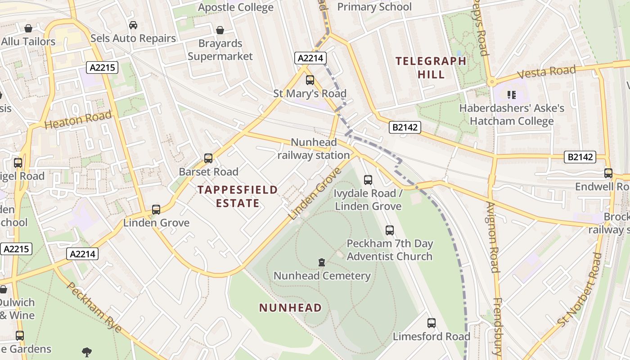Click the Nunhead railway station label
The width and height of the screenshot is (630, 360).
[314, 149]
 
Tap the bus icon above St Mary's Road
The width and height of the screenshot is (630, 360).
[310, 80]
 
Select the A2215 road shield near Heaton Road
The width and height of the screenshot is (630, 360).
[102, 68]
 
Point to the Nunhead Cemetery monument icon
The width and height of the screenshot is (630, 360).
[322, 262]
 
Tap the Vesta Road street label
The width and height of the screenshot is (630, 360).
[546, 72]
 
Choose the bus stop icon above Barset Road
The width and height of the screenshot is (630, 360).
[208, 158]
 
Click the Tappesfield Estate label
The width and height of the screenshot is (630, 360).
[238, 196]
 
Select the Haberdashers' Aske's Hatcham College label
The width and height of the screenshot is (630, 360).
[511, 115]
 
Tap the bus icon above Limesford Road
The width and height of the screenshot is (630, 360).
[431, 323]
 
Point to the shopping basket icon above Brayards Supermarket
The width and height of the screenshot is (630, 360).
[220, 30]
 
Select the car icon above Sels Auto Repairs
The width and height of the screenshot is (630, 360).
[133, 25]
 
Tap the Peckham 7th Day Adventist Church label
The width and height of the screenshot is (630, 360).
[389, 250]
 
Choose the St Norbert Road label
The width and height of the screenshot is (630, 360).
[579, 290]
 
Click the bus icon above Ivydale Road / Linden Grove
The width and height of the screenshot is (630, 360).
[368, 180]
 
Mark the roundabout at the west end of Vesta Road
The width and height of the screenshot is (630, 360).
[491, 82]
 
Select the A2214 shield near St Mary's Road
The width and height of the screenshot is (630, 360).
[310, 58]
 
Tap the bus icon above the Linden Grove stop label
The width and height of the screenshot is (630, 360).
[156, 209]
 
